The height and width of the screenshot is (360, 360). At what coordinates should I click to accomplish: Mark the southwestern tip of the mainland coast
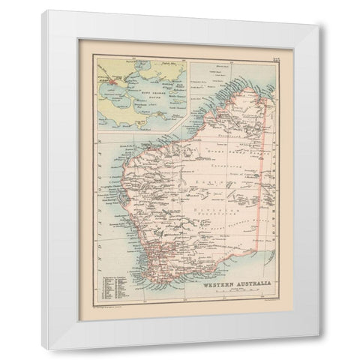[148, 266]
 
